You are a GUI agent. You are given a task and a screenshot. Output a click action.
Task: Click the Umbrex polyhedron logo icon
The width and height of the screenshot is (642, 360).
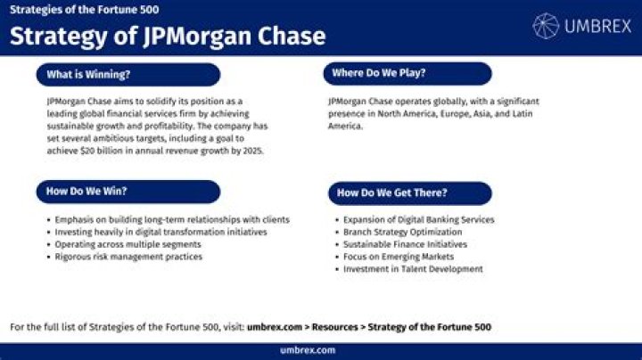tap(546, 26)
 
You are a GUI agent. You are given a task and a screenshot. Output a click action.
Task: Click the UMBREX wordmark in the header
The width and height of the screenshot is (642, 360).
tap(597, 27)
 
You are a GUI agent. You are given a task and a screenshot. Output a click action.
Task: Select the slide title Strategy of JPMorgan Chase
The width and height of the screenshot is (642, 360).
tap(168, 37)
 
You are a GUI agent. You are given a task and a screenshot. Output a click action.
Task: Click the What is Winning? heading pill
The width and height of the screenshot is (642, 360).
tap(128, 75)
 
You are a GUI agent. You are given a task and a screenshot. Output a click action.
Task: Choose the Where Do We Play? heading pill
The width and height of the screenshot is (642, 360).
tap(407, 73)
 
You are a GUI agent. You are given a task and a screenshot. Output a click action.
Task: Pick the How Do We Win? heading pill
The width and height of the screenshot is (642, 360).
tap(128, 192)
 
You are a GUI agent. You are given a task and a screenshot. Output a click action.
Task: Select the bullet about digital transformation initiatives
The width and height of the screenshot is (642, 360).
tap(149, 232)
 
